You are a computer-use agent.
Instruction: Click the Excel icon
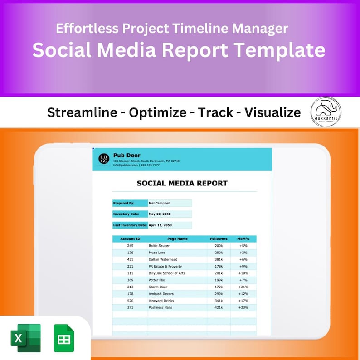point(25,338)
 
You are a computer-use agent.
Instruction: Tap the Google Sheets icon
point(64,338)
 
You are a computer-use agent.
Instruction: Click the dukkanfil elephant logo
point(326,112)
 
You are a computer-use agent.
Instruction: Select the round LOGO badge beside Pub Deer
point(104,159)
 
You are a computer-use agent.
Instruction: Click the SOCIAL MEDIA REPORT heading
point(182,183)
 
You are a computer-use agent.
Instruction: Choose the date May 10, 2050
point(160,214)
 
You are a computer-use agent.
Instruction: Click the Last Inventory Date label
point(130,225)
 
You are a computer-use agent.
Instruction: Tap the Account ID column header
point(130,239)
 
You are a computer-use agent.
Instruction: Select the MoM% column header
point(243,239)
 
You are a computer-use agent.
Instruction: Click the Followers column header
point(219,239)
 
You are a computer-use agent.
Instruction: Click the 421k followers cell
point(219,307)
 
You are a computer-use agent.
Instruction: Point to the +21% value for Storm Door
point(243,287)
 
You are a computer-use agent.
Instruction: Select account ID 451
point(130,259)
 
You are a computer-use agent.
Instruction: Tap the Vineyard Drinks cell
point(161,301)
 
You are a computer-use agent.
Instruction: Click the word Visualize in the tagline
point(272,112)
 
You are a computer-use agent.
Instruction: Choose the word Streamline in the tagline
point(82,112)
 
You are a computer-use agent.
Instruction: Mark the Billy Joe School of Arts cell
point(166,273)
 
